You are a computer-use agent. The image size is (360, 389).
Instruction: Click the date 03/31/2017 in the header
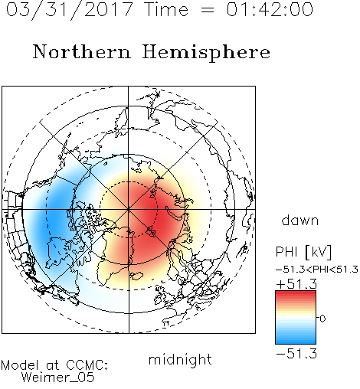(70, 10)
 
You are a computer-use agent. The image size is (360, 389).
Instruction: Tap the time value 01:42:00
(270, 9)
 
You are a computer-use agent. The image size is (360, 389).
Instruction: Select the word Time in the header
(166, 9)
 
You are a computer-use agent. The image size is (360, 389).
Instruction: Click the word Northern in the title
(81, 51)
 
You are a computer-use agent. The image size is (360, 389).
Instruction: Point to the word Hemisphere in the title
(206, 53)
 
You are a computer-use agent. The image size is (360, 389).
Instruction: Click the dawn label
(300, 220)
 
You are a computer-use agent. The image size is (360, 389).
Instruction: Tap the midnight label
(180, 360)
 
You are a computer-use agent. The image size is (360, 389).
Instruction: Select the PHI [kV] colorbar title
(303, 252)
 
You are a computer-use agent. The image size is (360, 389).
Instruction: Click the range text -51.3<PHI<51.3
(317, 270)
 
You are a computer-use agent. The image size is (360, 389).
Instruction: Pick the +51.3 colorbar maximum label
(296, 284)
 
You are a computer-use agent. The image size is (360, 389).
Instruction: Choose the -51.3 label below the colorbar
(296, 354)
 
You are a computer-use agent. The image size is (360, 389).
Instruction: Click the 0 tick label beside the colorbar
(322, 319)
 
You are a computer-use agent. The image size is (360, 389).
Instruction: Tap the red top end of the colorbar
(296, 294)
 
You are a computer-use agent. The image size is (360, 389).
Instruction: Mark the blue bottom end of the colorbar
(296, 342)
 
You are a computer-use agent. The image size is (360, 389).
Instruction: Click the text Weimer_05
(58, 378)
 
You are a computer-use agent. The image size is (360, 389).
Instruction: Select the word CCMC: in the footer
(87, 365)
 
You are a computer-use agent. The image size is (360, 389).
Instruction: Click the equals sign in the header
(208, 10)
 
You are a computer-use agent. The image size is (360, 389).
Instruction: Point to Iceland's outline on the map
(136, 276)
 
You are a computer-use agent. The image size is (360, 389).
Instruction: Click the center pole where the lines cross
(129, 210)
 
